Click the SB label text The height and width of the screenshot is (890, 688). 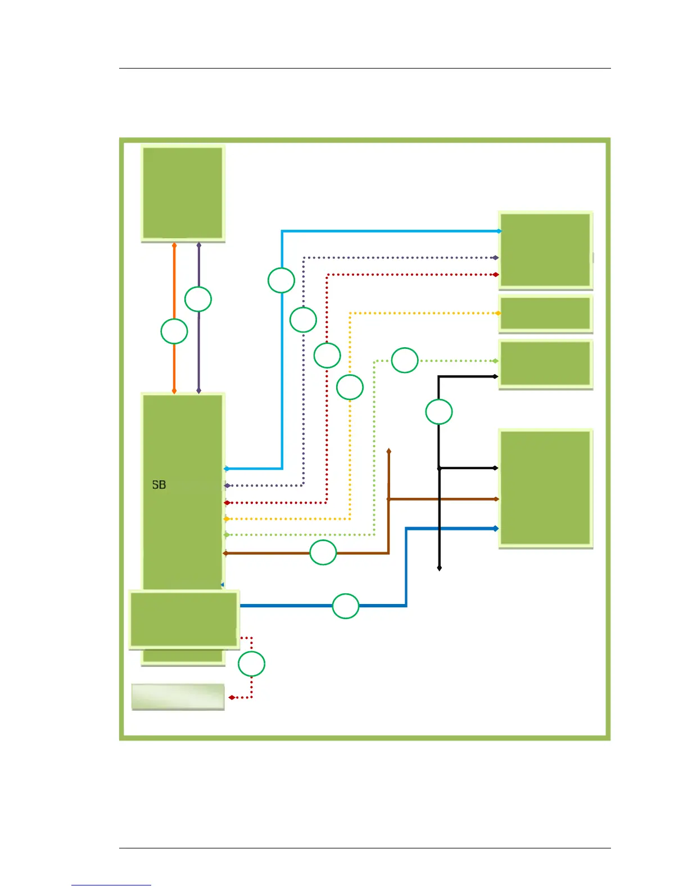click(159, 484)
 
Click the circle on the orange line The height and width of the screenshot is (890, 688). click(174, 332)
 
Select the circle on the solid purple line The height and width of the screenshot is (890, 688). click(198, 299)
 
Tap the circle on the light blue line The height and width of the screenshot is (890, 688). click(282, 280)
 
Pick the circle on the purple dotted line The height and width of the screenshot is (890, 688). click(304, 320)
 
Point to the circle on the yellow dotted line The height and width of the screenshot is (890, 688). click(350, 387)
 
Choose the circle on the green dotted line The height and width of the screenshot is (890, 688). click(405, 360)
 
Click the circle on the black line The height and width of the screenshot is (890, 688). click(439, 412)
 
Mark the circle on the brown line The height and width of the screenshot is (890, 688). click(323, 552)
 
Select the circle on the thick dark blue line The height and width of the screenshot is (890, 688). click(346, 606)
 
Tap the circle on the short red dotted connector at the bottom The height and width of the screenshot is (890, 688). click(251, 664)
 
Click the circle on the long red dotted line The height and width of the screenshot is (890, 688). click(327, 355)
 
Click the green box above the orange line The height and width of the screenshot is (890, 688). click(183, 193)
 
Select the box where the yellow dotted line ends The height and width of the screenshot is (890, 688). click(545, 313)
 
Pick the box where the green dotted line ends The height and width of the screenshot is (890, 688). click(545, 364)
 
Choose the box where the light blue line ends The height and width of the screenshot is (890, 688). click(545, 249)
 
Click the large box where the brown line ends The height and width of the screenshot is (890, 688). click(545, 487)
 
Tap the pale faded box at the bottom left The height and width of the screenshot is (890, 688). click(178, 697)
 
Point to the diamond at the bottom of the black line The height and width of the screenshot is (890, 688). click(440, 568)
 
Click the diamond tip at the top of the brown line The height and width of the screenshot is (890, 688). click(389, 451)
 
